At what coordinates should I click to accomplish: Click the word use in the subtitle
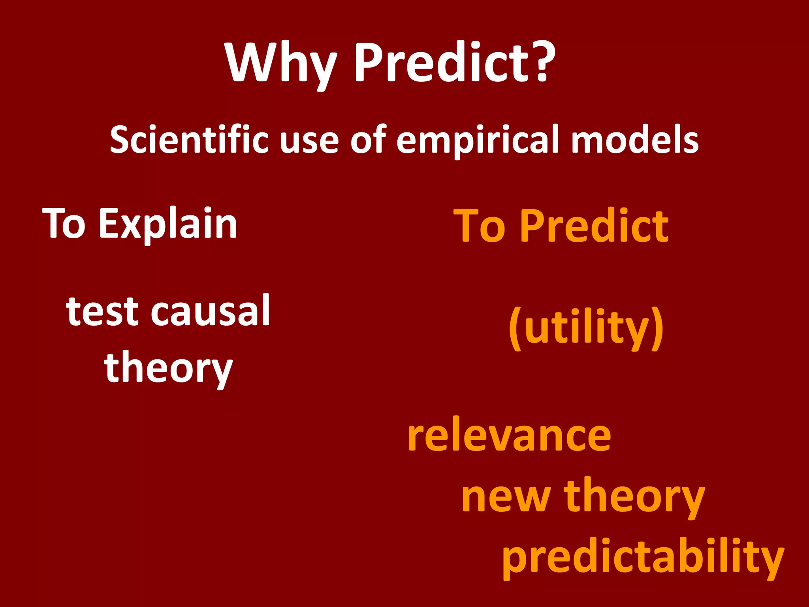click(x=309, y=141)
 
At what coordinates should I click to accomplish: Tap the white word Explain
click(x=167, y=224)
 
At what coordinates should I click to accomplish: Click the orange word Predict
click(x=594, y=226)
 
